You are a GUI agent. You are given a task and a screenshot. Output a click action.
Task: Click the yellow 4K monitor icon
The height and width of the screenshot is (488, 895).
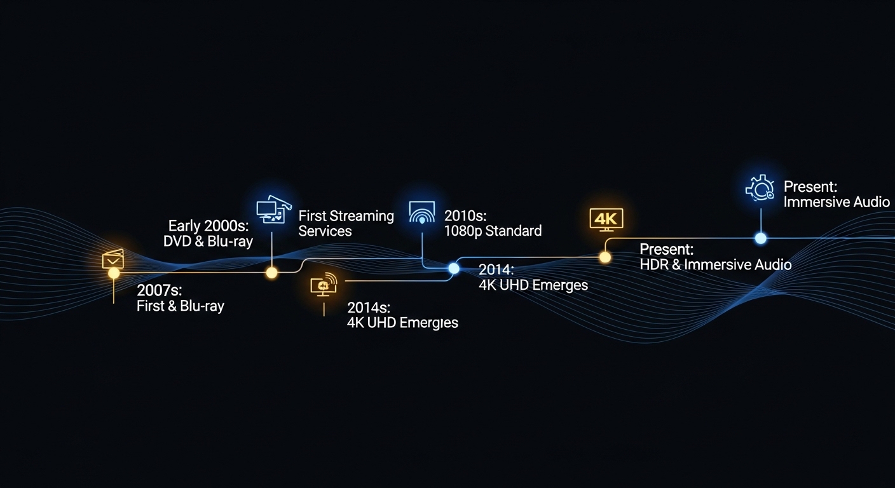point(606,219)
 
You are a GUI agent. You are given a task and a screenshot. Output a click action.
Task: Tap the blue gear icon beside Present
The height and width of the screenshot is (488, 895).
point(759,188)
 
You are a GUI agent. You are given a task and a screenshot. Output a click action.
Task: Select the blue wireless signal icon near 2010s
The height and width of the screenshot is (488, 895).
point(422,213)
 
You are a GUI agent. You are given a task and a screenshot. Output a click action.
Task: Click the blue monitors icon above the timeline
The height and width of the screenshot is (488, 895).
point(273,208)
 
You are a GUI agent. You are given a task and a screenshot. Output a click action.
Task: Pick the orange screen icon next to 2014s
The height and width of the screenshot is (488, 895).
point(324,286)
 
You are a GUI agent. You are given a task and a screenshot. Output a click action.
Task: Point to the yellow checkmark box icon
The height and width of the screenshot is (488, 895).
point(113,259)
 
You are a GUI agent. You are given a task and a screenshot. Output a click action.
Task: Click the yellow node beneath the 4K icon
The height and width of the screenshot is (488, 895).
point(605,257)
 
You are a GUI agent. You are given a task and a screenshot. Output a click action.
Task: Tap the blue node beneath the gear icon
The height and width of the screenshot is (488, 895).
point(760,238)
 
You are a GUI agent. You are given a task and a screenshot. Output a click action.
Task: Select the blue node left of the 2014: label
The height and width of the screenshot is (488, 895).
point(453,268)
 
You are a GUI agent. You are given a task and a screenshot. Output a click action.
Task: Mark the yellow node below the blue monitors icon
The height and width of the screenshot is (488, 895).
point(271,273)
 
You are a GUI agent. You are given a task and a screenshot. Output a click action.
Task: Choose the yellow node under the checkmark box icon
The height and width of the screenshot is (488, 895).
point(114,273)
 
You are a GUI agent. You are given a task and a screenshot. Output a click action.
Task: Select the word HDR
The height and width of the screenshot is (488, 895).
point(653,264)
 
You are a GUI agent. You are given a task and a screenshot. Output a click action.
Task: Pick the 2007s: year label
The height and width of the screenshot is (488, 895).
point(159,290)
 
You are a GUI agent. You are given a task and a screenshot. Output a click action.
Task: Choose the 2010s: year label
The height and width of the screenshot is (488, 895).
point(465,215)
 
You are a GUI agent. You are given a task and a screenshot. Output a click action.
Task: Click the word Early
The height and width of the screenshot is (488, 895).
point(184,226)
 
